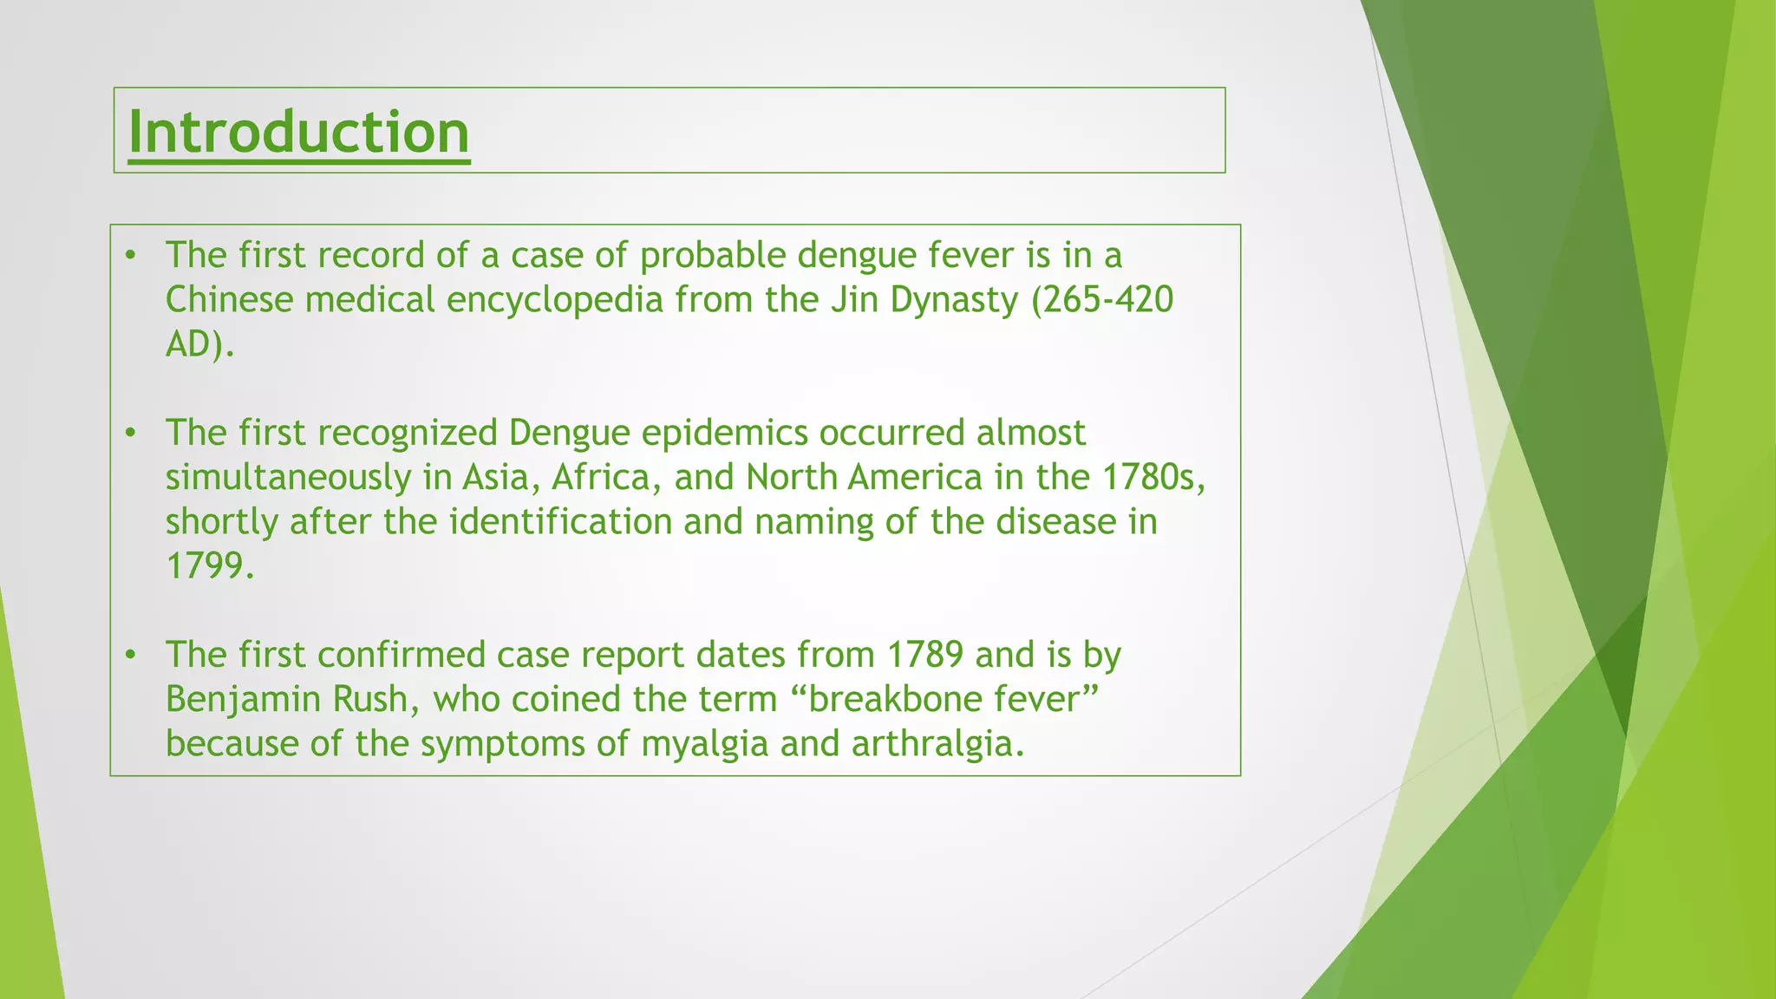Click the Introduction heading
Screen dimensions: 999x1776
tap(298, 133)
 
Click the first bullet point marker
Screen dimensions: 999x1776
tap(131, 255)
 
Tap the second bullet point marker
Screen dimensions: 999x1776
tap(131, 433)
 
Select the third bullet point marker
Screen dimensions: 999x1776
tap(131, 655)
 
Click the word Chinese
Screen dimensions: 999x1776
tap(229, 300)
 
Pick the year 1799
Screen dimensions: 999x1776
tap(209, 566)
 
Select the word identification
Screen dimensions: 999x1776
tap(560, 522)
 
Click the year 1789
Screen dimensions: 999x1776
tap(924, 655)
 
